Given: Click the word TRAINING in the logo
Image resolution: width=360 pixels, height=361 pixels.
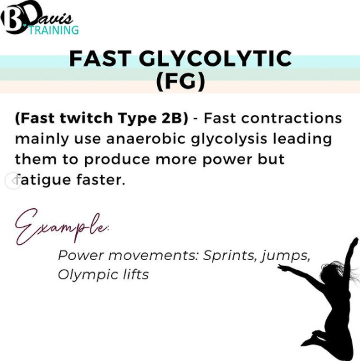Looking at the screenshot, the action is pyautogui.click(x=54, y=30).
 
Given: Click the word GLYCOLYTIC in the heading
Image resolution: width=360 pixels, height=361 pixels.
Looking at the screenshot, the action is pyautogui.click(x=215, y=58).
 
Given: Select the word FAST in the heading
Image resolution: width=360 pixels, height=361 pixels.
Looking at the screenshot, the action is pyautogui.click(x=100, y=58).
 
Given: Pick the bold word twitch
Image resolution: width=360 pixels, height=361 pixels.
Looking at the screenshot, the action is pyautogui.click(x=87, y=118).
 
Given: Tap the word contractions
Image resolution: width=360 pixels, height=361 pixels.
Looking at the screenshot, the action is pyautogui.click(x=292, y=118).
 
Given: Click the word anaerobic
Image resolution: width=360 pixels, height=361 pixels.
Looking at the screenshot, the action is pyautogui.click(x=146, y=139).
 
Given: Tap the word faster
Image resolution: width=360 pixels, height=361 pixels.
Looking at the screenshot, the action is pyautogui.click(x=101, y=180).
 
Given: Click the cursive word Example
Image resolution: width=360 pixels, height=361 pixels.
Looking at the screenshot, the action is pyautogui.click(x=62, y=227).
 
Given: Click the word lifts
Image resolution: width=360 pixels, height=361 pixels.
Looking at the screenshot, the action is pyautogui.click(x=136, y=275).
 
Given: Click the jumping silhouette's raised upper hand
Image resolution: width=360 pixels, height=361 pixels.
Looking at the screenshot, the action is pyautogui.click(x=354, y=242).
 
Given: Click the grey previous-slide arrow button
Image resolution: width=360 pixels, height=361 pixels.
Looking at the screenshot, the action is pyautogui.click(x=13, y=181).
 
